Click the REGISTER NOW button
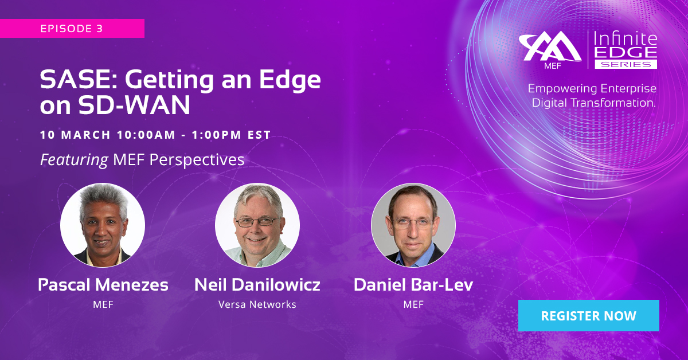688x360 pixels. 588,315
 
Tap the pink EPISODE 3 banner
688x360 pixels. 72,29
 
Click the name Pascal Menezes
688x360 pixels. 103,284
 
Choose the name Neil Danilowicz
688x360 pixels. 257,284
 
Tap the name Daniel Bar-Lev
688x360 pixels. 413,284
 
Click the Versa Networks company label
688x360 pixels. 257,304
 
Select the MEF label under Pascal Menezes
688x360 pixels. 103,304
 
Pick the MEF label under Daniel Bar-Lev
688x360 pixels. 413,304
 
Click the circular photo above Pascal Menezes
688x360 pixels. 103,225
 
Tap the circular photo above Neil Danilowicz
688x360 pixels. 257,225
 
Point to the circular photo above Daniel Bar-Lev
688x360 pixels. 413,225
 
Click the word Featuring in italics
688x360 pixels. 74,160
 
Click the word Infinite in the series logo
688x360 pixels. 625,40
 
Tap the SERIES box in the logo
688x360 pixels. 626,65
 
